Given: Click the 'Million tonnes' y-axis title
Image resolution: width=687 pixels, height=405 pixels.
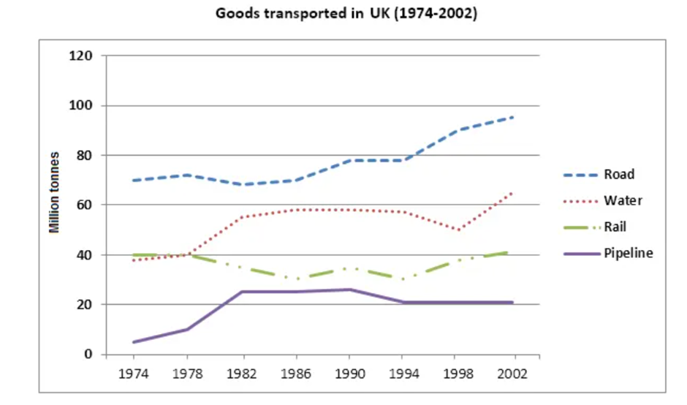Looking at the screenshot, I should point(53,193).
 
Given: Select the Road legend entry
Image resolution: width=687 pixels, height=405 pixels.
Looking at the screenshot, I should point(619,175).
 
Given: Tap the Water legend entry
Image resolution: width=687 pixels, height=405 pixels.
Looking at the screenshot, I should point(620,200).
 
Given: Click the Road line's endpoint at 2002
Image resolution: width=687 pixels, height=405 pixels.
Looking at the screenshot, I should point(514,117).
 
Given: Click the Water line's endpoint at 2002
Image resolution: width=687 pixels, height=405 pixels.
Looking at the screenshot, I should point(514,192).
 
